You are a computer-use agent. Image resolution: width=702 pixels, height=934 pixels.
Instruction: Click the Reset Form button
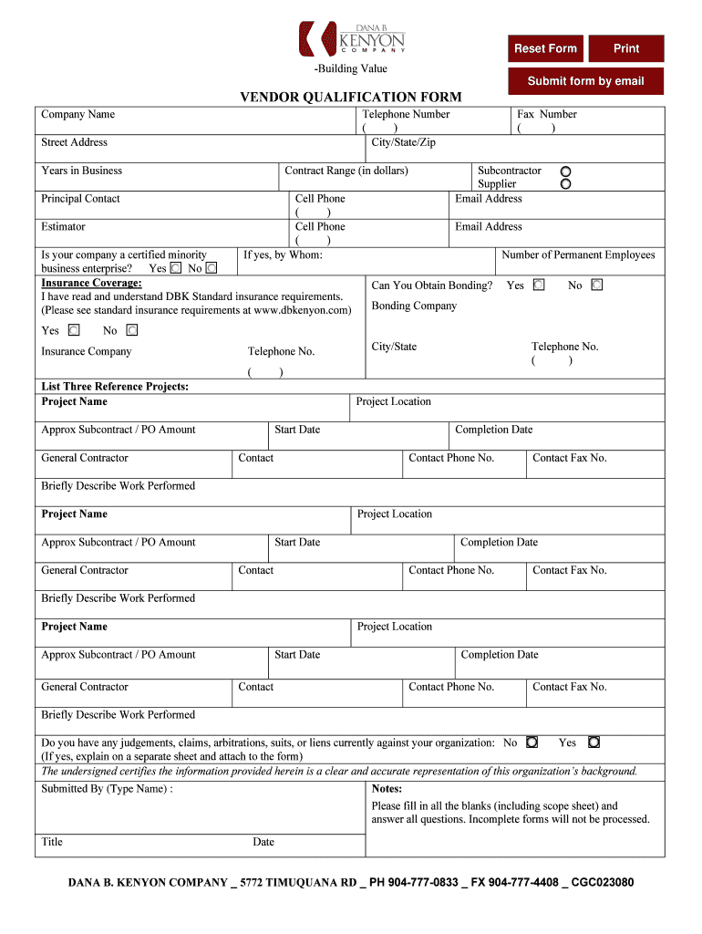pos(545,48)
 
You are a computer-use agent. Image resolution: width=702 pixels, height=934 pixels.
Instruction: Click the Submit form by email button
pos(585,81)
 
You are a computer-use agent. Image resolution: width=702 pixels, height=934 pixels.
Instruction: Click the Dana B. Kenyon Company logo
pos(351,39)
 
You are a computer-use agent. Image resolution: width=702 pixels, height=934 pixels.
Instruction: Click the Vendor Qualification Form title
pos(350,97)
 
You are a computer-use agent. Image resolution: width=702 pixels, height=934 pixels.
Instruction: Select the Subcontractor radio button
pos(565,171)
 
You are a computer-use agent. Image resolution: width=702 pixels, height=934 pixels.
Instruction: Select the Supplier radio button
pos(565,184)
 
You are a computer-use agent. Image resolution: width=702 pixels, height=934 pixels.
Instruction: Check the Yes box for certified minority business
pos(176,268)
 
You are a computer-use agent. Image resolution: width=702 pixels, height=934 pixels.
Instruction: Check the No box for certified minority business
pos(212,268)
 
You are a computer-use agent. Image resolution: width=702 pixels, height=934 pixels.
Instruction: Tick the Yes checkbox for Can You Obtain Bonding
pos(539,285)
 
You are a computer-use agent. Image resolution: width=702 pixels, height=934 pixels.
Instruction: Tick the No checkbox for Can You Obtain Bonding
pos(596,285)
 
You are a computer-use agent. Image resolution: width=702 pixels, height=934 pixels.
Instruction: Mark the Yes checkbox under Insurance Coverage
pos(74,330)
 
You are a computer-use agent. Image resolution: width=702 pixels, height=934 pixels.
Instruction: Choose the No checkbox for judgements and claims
pos(532,742)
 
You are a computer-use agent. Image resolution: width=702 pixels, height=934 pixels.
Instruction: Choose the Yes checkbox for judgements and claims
pos(594,742)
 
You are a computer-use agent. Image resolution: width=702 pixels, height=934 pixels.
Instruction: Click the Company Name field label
pos(77,114)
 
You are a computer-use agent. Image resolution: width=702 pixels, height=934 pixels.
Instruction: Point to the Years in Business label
pos(81,171)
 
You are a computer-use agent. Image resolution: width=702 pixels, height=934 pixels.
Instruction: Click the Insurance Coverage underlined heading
pos(91,283)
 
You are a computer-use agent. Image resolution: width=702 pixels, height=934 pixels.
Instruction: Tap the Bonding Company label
pos(414,306)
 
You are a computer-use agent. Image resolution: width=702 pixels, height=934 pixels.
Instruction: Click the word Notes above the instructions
pos(387,788)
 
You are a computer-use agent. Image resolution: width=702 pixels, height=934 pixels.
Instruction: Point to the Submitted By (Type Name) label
pos(107,788)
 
